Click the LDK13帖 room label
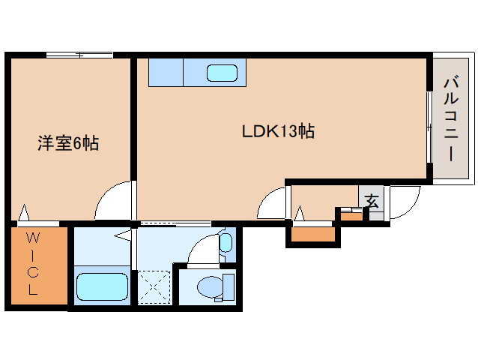(x=277, y=131)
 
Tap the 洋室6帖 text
(x=68, y=142)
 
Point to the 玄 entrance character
(x=372, y=201)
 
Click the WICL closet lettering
(x=33, y=264)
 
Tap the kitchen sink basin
(x=222, y=73)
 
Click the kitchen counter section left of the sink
(x=166, y=73)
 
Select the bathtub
(x=103, y=286)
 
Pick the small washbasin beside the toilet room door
(x=226, y=242)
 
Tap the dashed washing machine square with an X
(x=154, y=286)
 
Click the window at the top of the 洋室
(x=79, y=55)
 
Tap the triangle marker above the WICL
(x=25, y=214)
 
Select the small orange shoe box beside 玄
(x=350, y=216)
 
